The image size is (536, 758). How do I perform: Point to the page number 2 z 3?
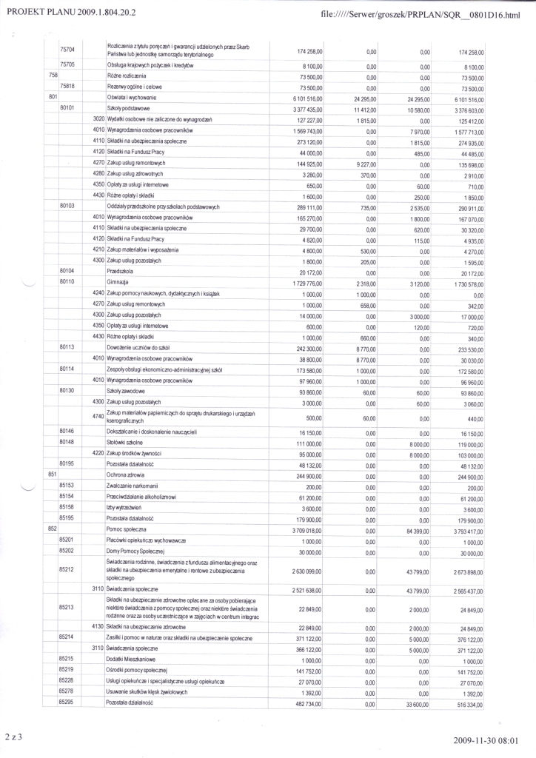point(13,737)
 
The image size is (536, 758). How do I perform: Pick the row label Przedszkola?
point(121,272)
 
